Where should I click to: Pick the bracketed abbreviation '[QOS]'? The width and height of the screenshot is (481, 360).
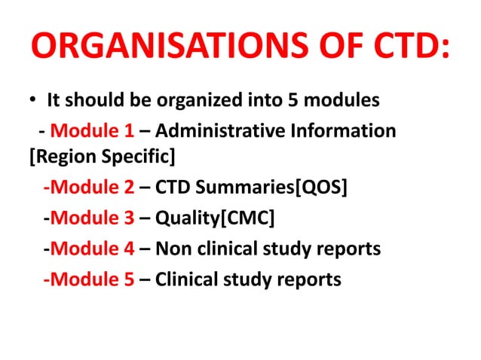point(323,189)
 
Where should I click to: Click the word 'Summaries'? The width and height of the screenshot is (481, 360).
point(248,189)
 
